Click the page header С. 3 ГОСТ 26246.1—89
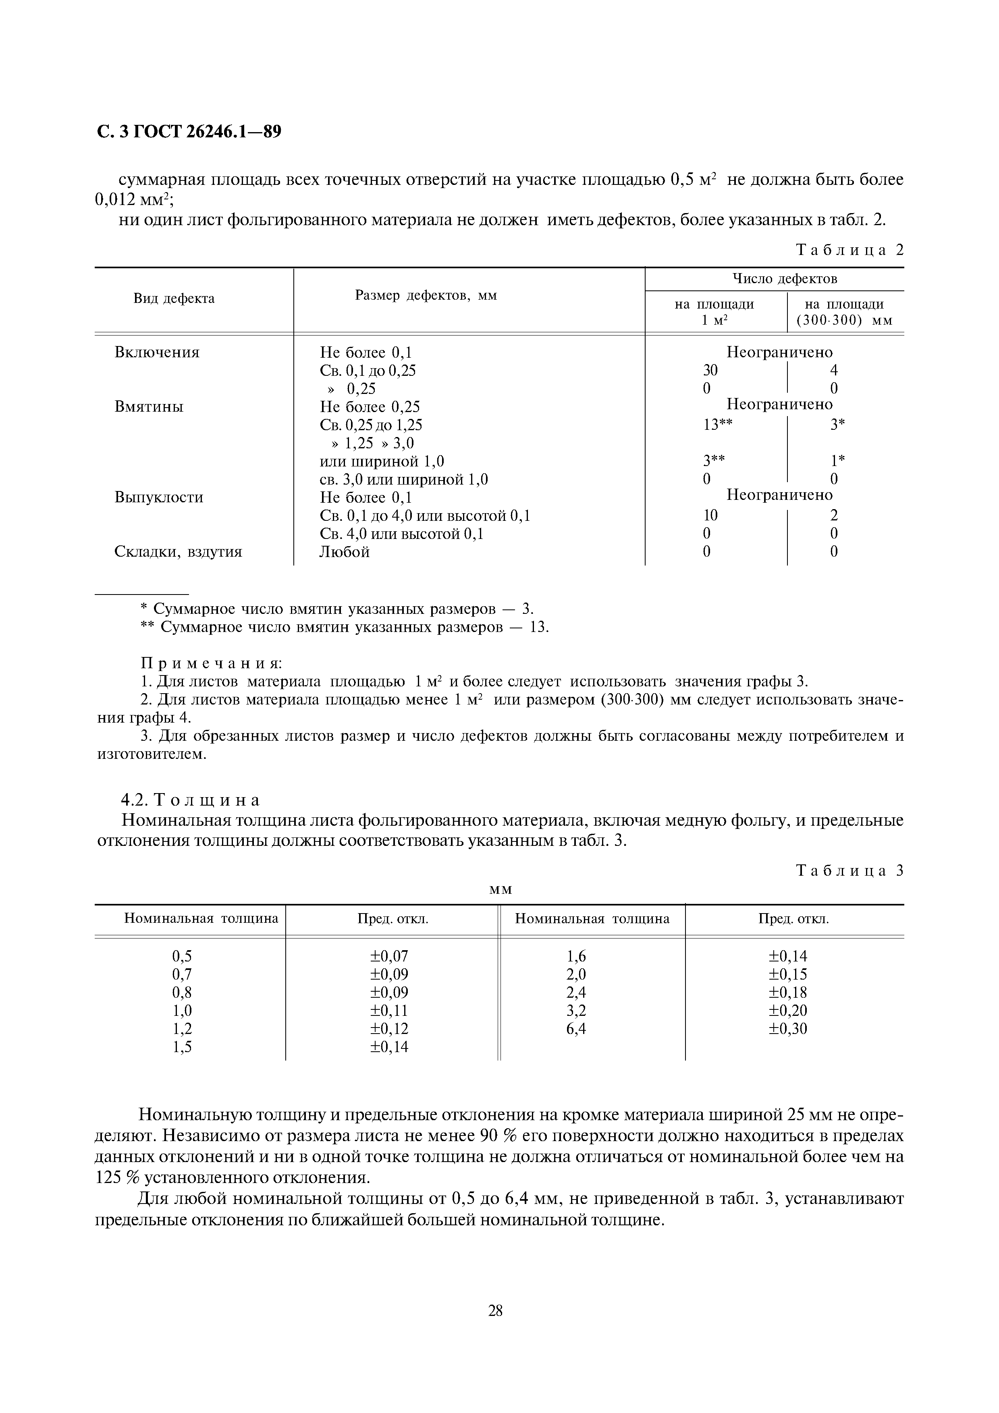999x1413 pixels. (x=189, y=132)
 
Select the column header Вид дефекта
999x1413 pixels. (x=174, y=298)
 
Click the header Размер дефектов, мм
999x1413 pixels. (x=426, y=295)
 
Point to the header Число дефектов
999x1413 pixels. (x=785, y=279)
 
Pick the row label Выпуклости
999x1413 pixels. (x=159, y=497)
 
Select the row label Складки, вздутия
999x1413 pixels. (x=179, y=552)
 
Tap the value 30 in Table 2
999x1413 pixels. (x=710, y=371)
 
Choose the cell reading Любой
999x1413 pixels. (x=345, y=552)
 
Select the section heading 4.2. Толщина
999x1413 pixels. (x=190, y=800)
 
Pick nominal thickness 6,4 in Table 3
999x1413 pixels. (x=576, y=1028)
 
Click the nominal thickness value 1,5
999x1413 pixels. (x=182, y=1047)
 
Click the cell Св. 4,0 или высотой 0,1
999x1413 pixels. (x=401, y=534)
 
